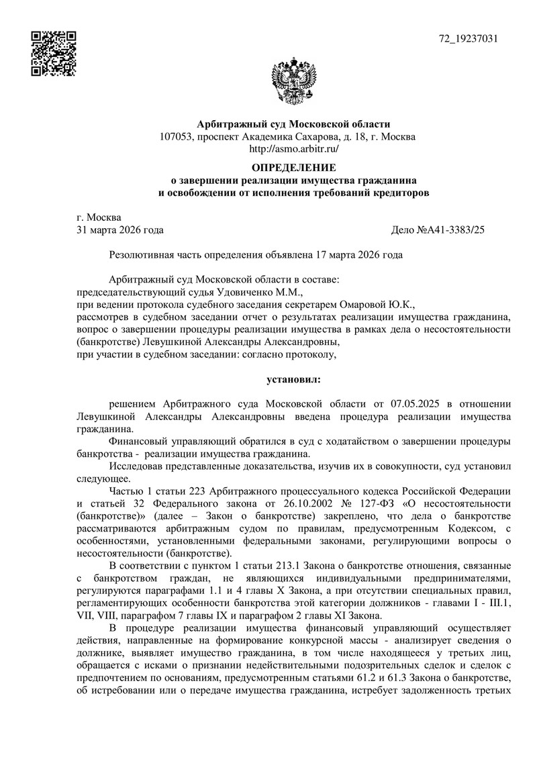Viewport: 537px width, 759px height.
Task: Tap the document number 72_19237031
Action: [x=468, y=38]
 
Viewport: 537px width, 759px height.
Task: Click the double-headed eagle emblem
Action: [x=292, y=84]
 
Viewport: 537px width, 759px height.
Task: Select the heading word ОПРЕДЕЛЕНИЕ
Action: [x=293, y=167]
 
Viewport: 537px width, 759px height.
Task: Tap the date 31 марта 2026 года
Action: [x=121, y=230]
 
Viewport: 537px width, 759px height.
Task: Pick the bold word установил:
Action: [x=293, y=380]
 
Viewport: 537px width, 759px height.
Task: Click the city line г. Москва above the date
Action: [x=99, y=217]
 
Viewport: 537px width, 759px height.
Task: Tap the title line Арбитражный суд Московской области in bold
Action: [x=293, y=124]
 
